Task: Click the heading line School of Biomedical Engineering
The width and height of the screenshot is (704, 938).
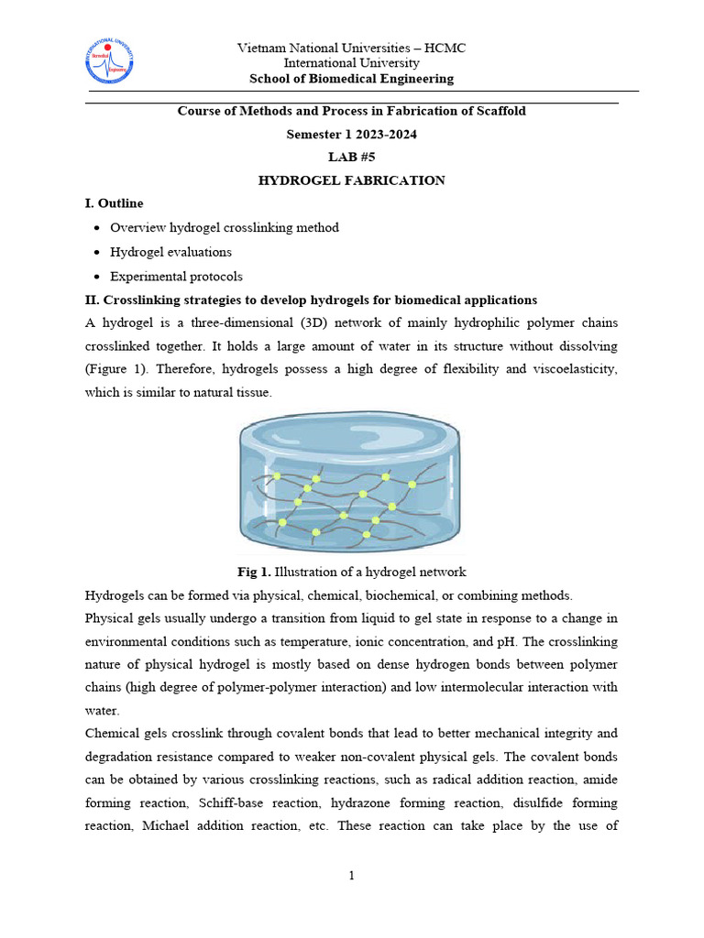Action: [x=351, y=79]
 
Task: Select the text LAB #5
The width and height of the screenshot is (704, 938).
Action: [x=351, y=158]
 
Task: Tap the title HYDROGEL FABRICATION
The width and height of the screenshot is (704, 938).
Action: [x=351, y=180]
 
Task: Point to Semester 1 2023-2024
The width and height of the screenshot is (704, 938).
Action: [x=351, y=135]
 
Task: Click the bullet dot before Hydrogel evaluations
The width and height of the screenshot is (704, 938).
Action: [x=95, y=252]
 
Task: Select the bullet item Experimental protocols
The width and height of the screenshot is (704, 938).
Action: [x=176, y=276]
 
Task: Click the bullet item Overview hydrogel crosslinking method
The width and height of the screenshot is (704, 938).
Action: [x=224, y=227]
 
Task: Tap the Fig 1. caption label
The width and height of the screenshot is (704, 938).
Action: [x=254, y=572]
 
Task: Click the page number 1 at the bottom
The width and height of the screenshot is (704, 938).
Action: [x=351, y=876]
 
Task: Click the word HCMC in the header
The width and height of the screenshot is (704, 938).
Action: [x=445, y=48]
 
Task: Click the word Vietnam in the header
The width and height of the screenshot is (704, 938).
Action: [x=261, y=48]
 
